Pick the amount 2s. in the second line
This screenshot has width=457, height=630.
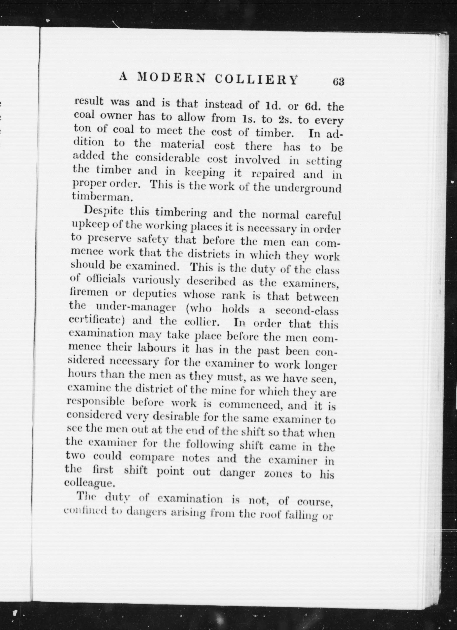click(x=284, y=119)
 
